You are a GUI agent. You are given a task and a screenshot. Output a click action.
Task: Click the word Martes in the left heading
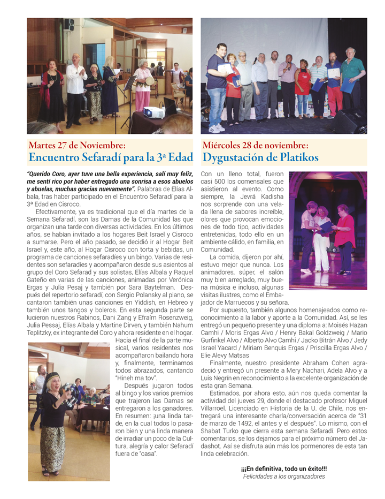click(43, 145)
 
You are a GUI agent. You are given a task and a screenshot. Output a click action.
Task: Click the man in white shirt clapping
click(75, 83)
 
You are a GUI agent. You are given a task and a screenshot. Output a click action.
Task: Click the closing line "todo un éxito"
click(283, 468)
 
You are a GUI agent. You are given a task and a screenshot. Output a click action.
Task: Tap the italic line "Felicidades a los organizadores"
click(283, 476)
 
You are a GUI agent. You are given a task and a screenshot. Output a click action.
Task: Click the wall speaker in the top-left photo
click(68, 25)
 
